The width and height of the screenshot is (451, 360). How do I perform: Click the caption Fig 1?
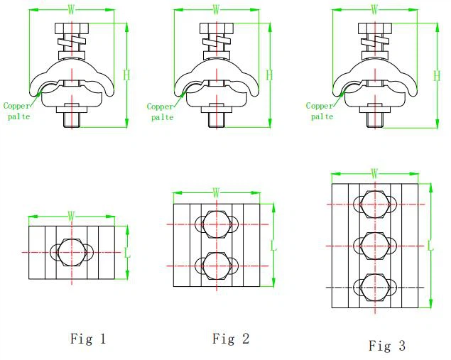pos(88,339)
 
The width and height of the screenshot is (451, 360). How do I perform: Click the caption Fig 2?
pos(231,339)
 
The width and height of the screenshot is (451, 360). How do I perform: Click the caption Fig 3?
pos(387,345)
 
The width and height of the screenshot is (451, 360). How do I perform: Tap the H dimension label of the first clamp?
pos(126,75)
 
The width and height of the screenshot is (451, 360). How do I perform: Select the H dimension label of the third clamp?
pos(437,76)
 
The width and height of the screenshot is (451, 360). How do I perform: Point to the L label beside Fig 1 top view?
pos(127,253)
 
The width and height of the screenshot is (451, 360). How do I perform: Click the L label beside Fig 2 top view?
pos(273,246)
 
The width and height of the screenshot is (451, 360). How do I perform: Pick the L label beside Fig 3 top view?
pos(430,246)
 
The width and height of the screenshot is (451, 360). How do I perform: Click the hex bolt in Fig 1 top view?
pos(72,253)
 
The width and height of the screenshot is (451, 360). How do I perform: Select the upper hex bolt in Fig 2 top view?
pos(217,224)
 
